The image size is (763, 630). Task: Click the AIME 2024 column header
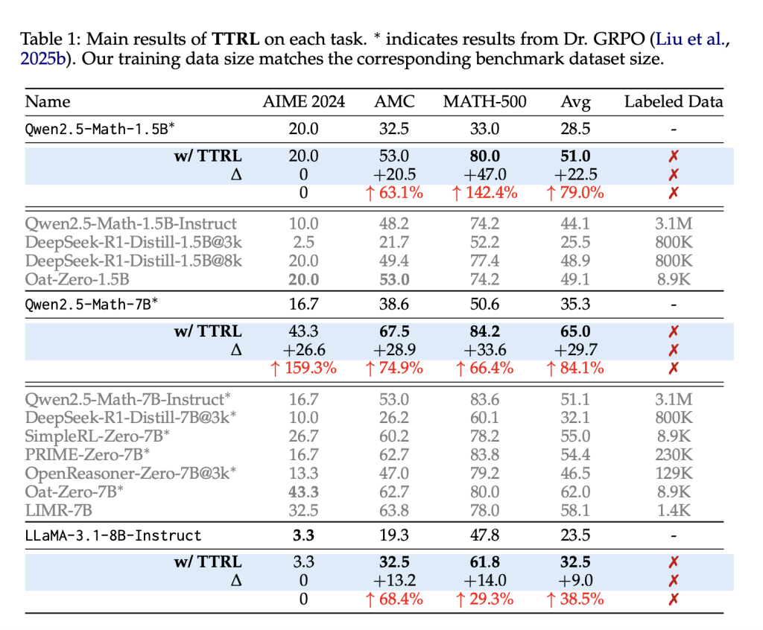tap(304, 101)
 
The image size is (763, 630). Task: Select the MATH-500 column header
tap(485, 101)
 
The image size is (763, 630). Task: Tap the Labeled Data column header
tap(674, 101)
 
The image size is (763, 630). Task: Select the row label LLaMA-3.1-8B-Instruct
tap(114, 535)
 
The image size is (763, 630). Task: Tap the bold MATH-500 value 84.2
tap(485, 330)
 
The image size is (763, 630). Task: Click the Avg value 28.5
tap(575, 129)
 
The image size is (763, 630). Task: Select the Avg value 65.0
tap(575, 330)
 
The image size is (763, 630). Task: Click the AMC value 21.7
tap(394, 242)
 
